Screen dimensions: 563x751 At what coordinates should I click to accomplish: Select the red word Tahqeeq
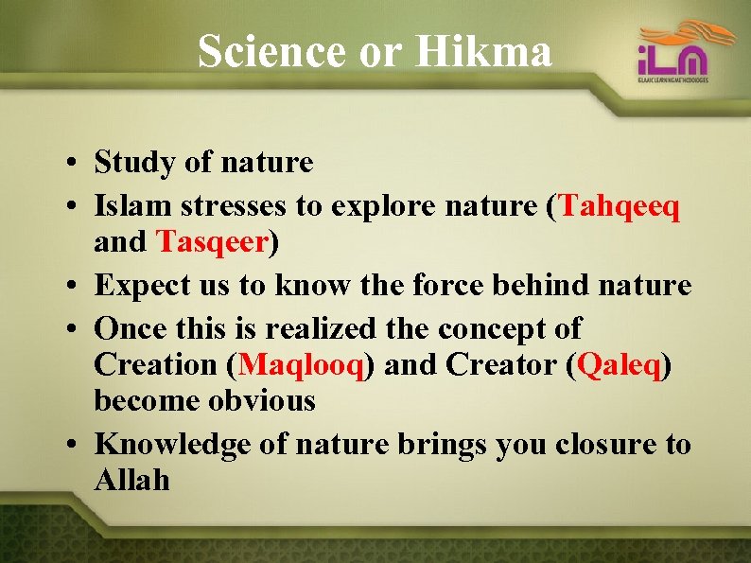click(620, 205)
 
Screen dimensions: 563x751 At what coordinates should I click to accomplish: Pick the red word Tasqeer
click(213, 242)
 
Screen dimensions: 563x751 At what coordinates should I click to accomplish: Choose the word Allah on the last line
click(131, 480)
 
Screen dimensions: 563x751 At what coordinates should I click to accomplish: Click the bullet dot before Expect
click(72, 286)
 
